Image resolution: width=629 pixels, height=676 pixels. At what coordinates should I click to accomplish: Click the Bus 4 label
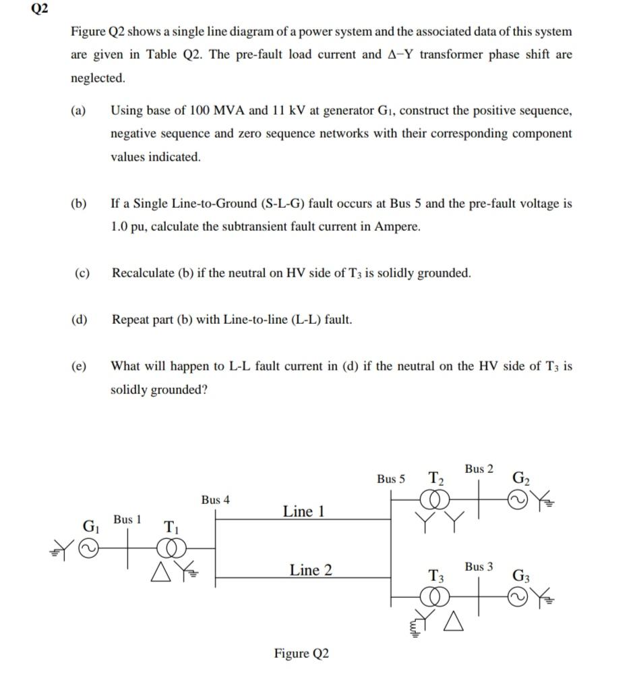click(x=215, y=500)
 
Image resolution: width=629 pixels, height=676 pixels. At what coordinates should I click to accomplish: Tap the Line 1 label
click(x=303, y=511)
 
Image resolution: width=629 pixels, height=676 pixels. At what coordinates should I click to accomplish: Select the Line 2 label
click(x=311, y=570)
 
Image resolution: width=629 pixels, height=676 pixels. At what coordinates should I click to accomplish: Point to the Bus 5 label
click(x=391, y=479)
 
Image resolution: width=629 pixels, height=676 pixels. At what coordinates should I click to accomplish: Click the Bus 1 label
click(x=127, y=519)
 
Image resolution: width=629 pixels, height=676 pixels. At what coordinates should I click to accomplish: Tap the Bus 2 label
click(x=479, y=468)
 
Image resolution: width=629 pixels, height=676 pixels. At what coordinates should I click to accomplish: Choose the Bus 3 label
click(x=479, y=567)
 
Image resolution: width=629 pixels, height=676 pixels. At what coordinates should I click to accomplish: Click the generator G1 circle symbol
click(x=88, y=548)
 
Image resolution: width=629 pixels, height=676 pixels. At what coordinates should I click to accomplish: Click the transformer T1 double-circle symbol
click(x=171, y=548)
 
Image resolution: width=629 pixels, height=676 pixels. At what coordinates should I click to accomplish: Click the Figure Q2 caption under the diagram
click(x=301, y=653)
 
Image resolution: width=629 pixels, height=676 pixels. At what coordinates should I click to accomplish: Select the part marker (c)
click(x=83, y=273)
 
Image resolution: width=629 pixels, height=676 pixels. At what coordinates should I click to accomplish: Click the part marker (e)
click(x=80, y=366)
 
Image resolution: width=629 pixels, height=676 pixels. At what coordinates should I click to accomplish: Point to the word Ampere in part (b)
click(x=397, y=227)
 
